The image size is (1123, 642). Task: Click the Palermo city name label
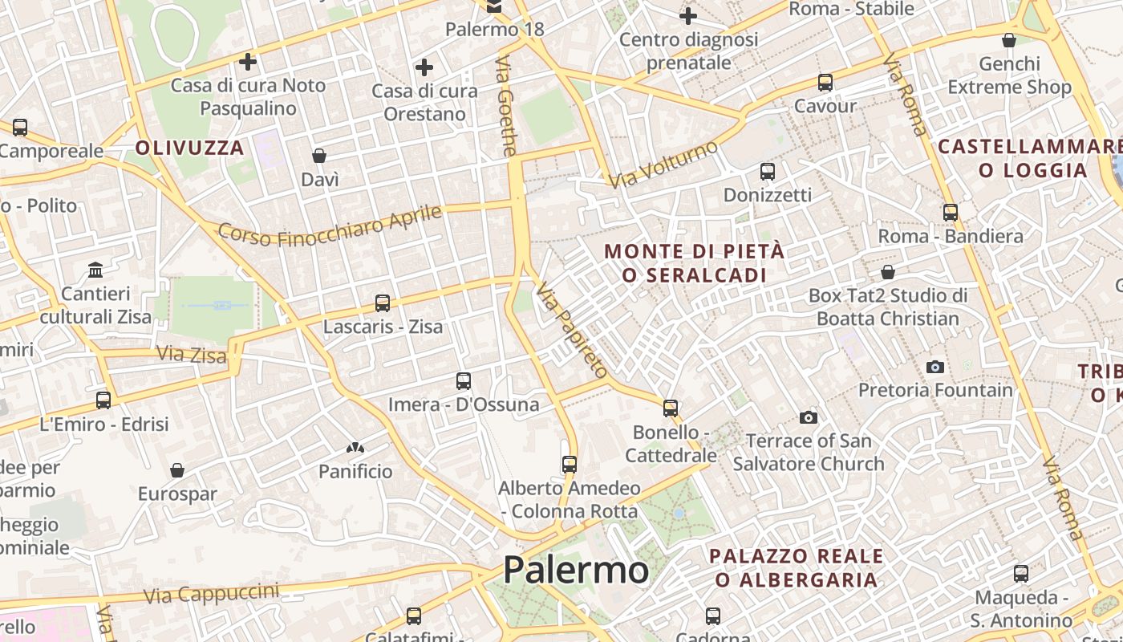[x=575, y=570]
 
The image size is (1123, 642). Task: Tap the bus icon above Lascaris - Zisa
[x=383, y=303]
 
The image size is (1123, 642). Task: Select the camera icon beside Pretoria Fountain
[x=935, y=367]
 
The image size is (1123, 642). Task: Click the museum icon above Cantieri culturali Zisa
[x=96, y=269]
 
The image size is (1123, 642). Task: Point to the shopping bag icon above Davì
[x=319, y=156]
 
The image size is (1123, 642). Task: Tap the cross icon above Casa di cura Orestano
[x=424, y=67]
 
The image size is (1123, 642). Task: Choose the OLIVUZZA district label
[x=189, y=148]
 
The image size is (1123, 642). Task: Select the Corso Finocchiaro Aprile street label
[x=330, y=226]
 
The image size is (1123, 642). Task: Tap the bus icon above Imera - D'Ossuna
[x=463, y=380]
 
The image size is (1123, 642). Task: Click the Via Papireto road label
[x=572, y=329]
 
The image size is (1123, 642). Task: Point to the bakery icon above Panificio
[x=355, y=447]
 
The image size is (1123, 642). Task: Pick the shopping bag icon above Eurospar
[x=177, y=470]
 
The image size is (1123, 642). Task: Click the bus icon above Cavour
[x=825, y=82]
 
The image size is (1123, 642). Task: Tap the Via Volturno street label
[x=663, y=164]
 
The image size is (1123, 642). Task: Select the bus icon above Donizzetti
[x=768, y=171]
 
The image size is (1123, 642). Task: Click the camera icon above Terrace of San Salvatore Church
[x=809, y=417]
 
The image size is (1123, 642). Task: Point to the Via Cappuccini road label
[x=212, y=593]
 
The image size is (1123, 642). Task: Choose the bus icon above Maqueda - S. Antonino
[x=1020, y=574]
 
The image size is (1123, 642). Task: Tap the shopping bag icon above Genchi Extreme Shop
[x=1009, y=40]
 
